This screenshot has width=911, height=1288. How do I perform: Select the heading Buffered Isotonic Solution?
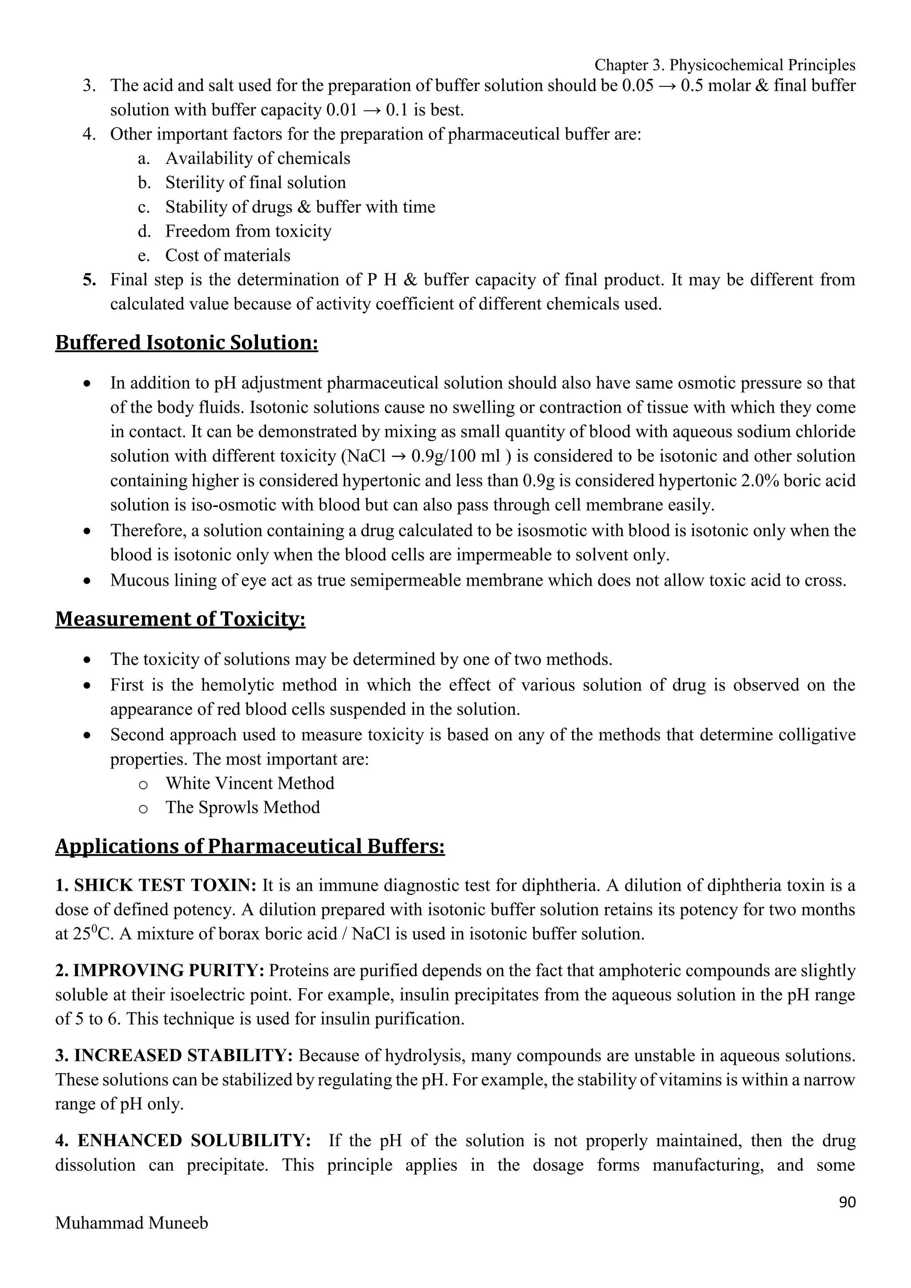[186, 342]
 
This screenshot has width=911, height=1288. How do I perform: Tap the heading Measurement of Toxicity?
[180, 618]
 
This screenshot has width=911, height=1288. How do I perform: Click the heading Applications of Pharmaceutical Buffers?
[250, 846]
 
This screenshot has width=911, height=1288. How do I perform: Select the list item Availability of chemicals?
[258, 158]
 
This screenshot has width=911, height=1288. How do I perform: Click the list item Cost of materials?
[227, 255]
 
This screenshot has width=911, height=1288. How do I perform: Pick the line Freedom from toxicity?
[248, 231]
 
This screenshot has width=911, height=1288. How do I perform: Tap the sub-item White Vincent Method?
[250, 783]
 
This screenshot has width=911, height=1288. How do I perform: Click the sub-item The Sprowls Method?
[242, 807]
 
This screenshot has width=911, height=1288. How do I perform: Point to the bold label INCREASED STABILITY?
[183, 1055]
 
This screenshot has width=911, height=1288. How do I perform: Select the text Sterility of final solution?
[255, 183]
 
